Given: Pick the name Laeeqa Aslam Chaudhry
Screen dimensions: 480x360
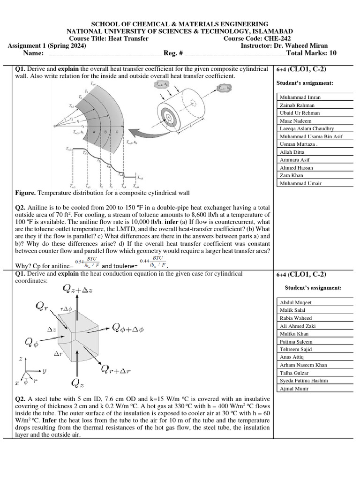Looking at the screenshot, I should coord(307,128).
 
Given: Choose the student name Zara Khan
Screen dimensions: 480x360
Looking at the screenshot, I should coord(292,175).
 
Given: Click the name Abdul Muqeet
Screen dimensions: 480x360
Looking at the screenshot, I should coord(295,302).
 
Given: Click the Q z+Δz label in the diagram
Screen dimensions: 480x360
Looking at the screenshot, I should coord(78,289).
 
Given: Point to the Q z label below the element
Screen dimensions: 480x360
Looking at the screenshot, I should coord(78,383).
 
